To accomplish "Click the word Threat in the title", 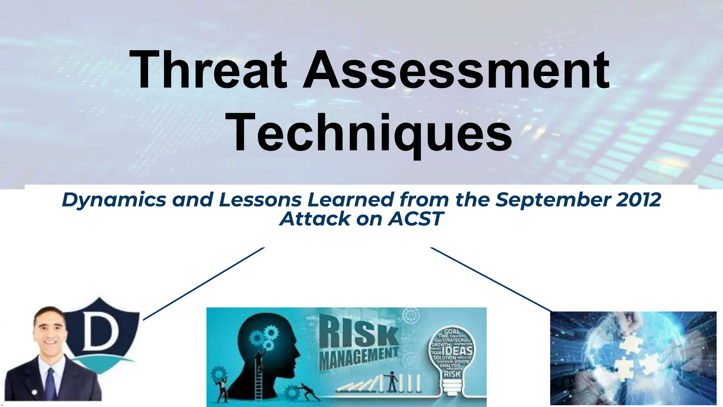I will pos(208,70).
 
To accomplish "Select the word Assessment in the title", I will pos(456,70).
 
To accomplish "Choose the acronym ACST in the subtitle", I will pos(415,219).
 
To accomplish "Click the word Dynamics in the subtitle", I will pos(114,200).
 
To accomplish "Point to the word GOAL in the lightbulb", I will pos(452,331).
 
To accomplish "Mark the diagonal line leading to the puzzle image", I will pos(491,279).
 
